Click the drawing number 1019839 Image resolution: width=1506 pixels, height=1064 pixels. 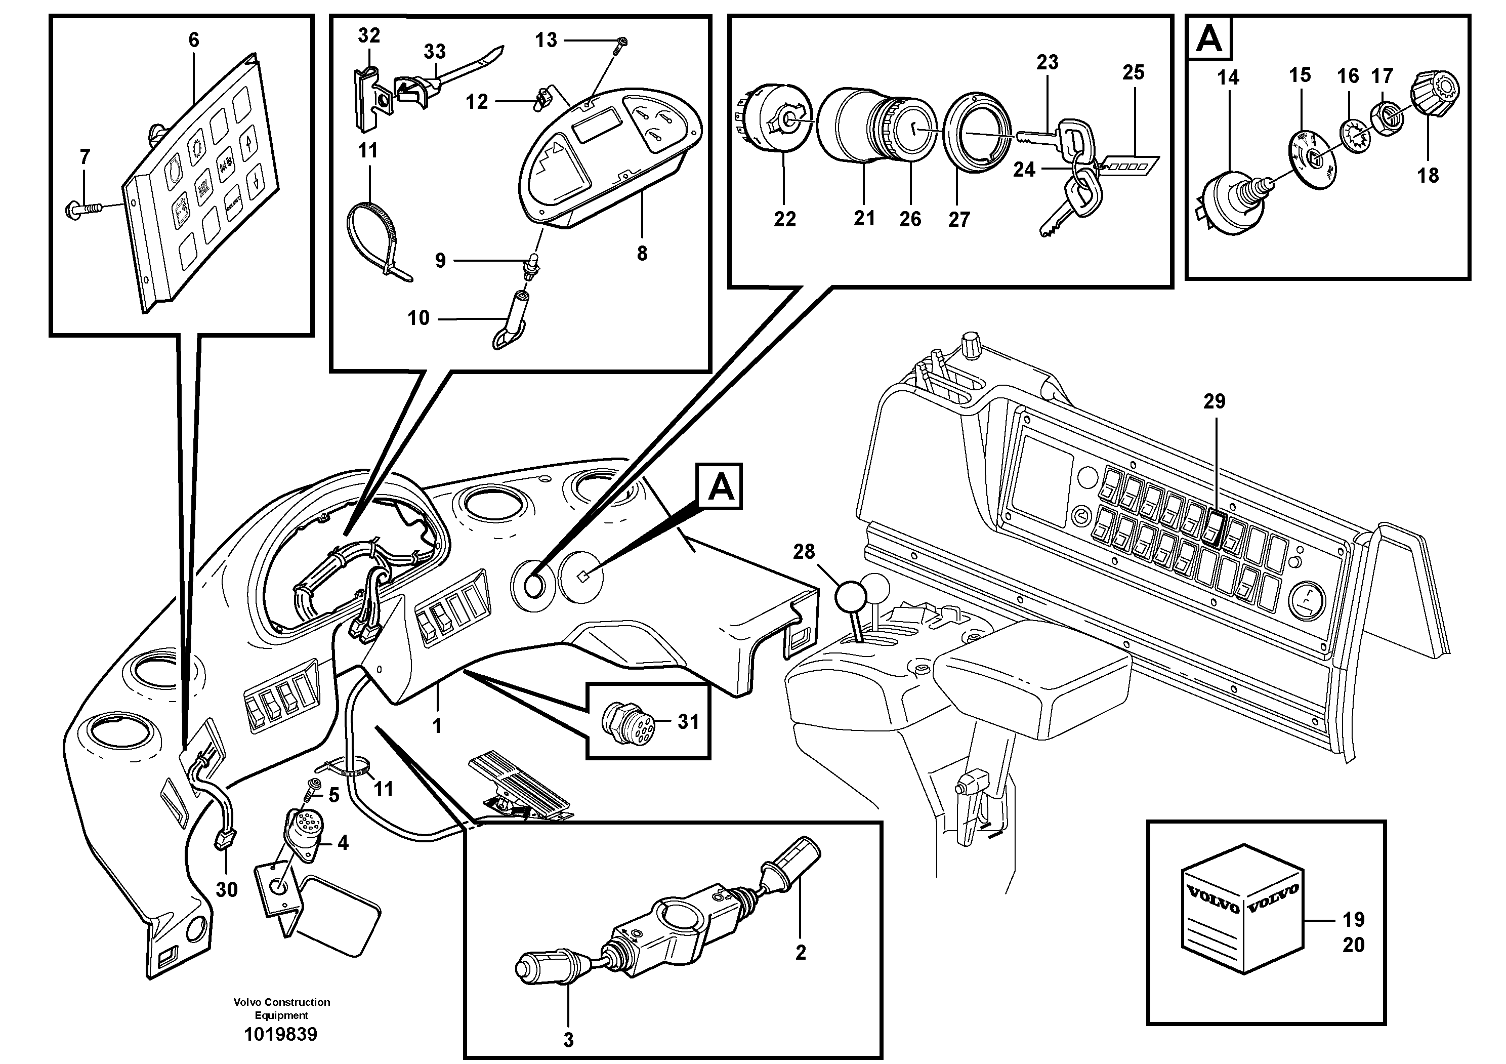coord(281,1035)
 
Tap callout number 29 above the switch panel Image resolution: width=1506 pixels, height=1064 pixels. coord(1214,401)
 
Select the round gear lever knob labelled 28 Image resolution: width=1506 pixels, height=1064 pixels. coord(851,596)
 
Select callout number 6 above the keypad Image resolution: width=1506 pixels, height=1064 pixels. coord(193,40)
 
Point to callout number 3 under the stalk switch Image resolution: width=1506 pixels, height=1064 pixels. coord(568,1040)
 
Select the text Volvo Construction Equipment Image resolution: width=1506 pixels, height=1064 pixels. coord(281,1008)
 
